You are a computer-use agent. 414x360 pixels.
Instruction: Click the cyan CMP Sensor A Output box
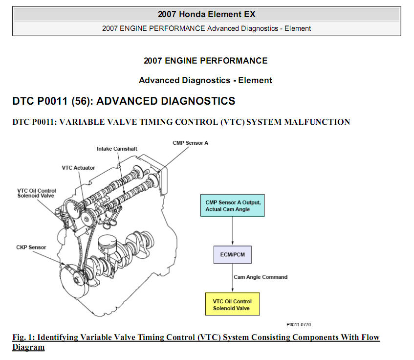[x=232, y=205]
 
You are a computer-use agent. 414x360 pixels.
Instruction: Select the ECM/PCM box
[x=232, y=255]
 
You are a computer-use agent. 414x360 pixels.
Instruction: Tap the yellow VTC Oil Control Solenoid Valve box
[x=232, y=304]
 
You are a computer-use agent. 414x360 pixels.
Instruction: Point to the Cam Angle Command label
[x=261, y=277]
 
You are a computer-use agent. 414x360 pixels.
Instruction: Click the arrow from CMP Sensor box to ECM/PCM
[x=233, y=231]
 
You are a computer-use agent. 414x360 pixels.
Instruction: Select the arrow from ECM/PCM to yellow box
[x=233, y=278]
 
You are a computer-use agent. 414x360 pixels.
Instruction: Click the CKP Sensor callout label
[x=31, y=247]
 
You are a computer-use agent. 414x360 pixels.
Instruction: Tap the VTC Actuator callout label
[x=78, y=168]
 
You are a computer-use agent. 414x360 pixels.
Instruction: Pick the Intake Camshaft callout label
[x=117, y=149]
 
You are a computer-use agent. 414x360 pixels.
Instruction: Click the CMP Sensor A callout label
[x=190, y=143]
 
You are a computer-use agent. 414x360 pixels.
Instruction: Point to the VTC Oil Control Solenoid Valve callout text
[x=37, y=193]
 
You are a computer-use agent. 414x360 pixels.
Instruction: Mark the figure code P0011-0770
[x=299, y=325]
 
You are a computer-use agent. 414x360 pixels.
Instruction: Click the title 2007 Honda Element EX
[x=207, y=14]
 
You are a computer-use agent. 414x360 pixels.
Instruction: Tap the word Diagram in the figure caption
[x=28, y=347]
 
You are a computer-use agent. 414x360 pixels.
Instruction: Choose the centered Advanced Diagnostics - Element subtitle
[x=205, y=80]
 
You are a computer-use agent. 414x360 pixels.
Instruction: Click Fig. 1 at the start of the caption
[x=23, y=337]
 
